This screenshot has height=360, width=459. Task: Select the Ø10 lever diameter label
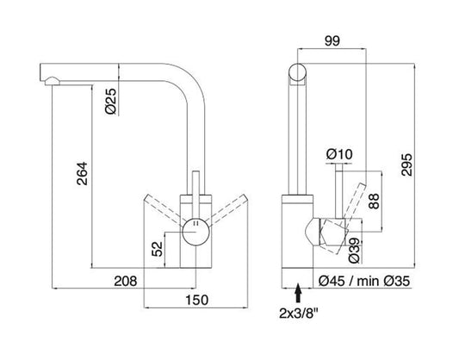(x=340, y=154)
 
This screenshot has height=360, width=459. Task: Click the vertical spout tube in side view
(x=297, y=138)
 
